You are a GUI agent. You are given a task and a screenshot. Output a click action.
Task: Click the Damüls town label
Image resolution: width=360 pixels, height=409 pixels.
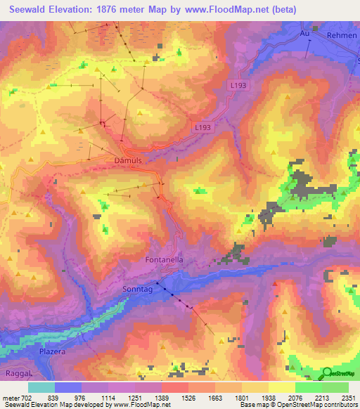click(x=128, y=160)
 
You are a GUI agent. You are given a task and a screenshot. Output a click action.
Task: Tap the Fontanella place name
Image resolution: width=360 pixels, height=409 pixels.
click(x=164, y=259)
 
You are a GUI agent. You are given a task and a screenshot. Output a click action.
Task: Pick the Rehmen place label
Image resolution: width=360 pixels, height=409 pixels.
click(x=342, y=34)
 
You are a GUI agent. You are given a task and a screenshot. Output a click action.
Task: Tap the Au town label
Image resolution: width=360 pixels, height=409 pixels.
click(x=304, y=33)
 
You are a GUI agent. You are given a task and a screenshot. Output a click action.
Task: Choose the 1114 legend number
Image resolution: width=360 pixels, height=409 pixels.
click(x=108, y=397)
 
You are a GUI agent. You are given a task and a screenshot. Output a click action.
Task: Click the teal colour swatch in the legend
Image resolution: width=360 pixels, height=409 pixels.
click(x=41, y=387)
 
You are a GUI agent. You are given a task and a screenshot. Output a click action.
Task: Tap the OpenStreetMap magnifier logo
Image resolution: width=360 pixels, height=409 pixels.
click(x=328, y=372)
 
